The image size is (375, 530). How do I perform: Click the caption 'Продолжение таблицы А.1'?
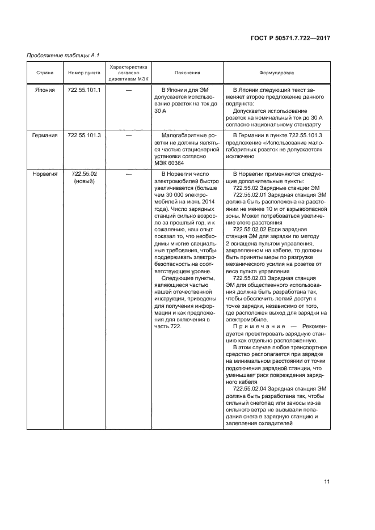coord(56,55)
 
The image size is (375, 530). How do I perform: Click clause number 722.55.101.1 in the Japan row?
coord(84,90)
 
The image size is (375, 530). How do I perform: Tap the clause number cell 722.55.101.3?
coord(84,135)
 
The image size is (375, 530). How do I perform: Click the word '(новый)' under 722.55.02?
coord(84,181)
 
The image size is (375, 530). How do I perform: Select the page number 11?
coord(327,482)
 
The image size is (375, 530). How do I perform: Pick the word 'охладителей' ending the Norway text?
coord(273,423)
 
